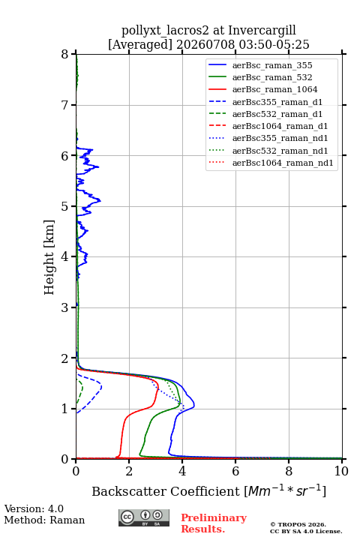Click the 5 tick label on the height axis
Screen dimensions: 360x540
[65, 207]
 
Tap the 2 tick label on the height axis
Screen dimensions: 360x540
[65, 358]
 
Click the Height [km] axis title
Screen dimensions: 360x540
[49, 257]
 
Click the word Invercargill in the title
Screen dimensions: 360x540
[262, 31]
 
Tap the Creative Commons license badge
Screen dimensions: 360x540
[144, 517]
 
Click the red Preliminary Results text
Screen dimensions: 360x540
[214, 523]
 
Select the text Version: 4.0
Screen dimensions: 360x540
[34, 508]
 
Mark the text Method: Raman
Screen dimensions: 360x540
[44, 520]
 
